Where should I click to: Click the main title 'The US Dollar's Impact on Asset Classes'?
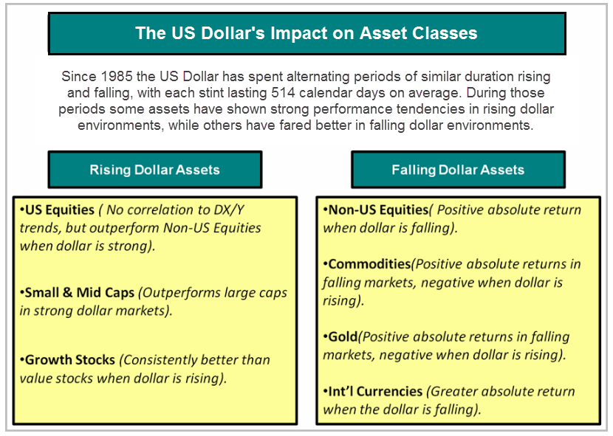pos(306,33)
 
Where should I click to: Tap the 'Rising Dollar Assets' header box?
pos(155,170)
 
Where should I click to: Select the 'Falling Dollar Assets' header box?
pos(458,170)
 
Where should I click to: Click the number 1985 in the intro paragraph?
pos(117,76)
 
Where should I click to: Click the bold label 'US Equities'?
pos(59,210)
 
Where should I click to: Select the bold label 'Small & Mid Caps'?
pos(79,293)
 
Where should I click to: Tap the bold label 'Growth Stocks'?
pos(70,360)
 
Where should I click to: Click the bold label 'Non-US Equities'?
pos(378,210)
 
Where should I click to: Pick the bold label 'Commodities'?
pos(369,265)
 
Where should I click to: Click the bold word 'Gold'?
pos(343,336)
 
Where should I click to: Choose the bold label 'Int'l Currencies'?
pos(375,392)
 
